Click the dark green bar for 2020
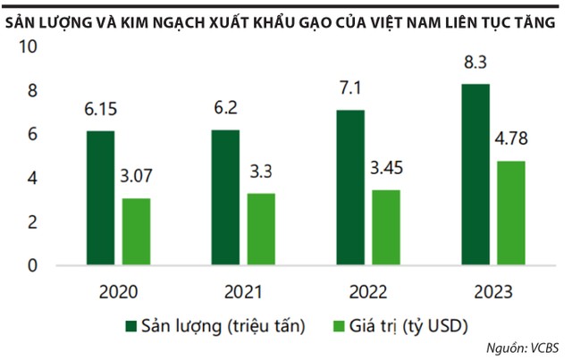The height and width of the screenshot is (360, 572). [x=101, y=198]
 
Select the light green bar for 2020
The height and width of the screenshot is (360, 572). [x=136, y=232]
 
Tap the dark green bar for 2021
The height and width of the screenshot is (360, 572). [x=226, y=197]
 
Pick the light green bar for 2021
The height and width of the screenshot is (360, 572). [x=261, y=230]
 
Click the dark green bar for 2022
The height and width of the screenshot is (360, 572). [x=350, y=188]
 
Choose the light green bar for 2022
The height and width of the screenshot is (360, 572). [x=386, y=228]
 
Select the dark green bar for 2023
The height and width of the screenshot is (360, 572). [x=475, y=175]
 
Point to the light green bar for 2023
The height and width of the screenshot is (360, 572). [x=511, y=213]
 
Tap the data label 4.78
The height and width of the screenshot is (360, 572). [x=512, y=140]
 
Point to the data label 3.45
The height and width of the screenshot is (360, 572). [x=387, y=170]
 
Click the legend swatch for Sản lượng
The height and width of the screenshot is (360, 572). [x=130, y=326]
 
